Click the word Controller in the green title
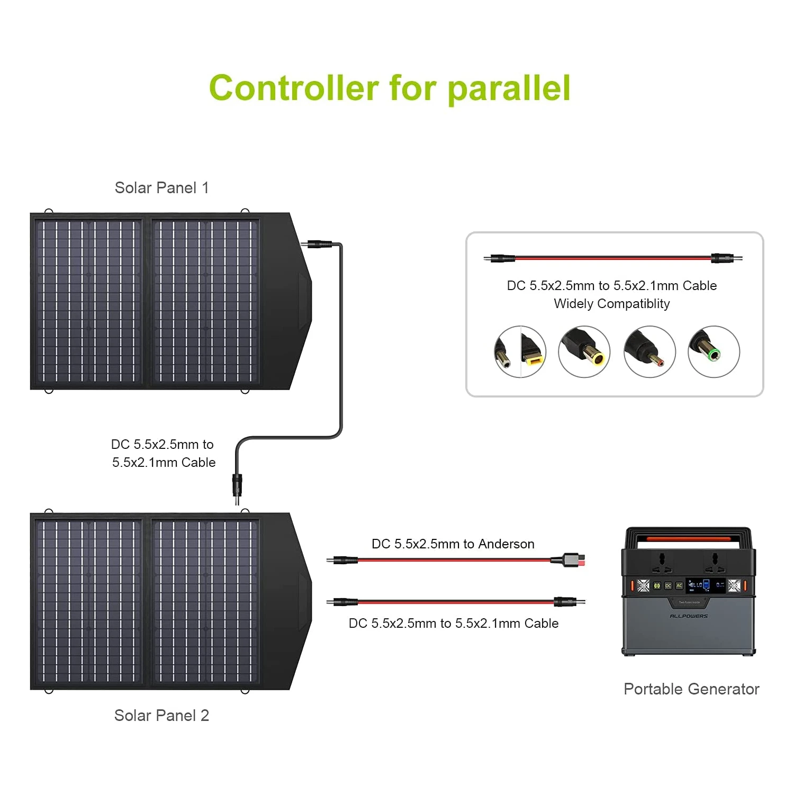coord(294,88)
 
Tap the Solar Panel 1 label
coord(162,188)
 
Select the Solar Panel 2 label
coord(162,716)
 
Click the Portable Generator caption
coord(691,689)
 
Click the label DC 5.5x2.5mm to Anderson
coord(453,544)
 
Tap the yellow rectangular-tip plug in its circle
coord(520,351)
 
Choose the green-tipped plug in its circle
coord(714,351)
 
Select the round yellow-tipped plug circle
coord(584,351)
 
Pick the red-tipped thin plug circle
coord(649,351)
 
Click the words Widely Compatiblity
coord(612,304)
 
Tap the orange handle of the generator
coord(689,539)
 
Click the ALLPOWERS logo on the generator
coord(689,616)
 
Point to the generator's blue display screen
coord(706,585)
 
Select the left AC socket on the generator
coord(662,562)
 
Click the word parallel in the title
coord(509,88)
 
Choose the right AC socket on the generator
coord(715,562)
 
